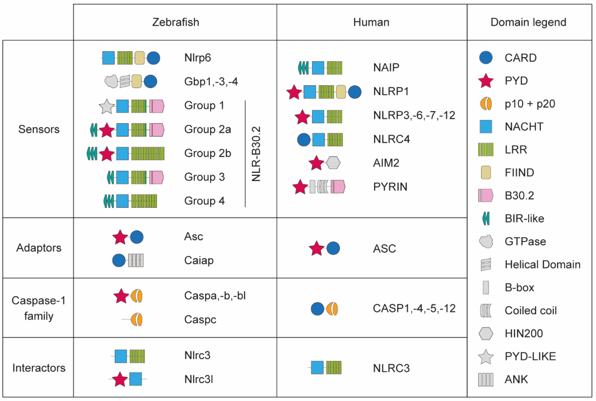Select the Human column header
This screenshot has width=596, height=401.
tap(371, 22)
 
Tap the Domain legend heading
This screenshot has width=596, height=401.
tap(528, 22)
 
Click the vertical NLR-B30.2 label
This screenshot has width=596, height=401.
tap(256, 154)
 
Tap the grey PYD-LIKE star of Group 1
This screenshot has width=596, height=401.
tap(107, 106)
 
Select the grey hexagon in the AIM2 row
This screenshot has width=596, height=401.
tap(333, 163)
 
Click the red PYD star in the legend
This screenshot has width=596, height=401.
tap(485, 81)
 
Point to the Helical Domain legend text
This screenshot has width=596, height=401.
tap(542, 265)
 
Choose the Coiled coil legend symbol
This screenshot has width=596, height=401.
tap(485, 311)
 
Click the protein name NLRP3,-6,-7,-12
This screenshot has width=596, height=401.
tap(414, 115)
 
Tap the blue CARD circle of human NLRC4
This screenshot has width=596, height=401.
tap(304, 140)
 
